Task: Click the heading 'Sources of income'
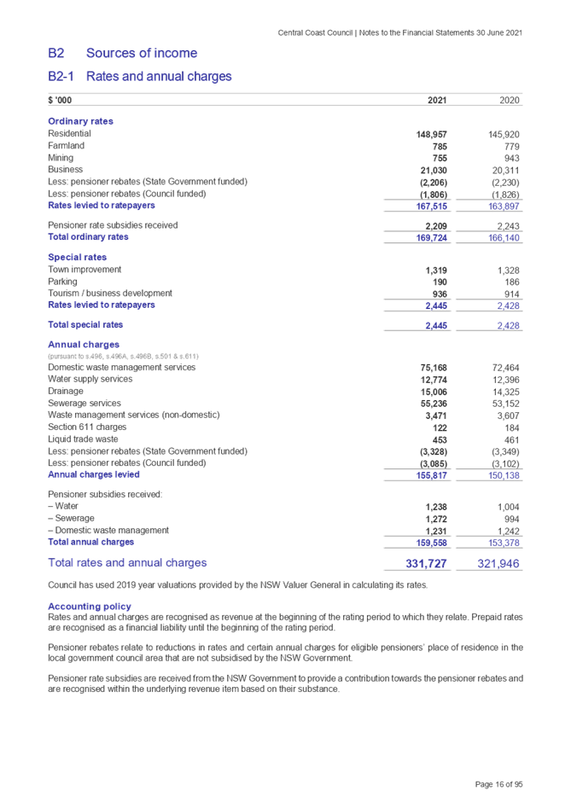pos(142,53)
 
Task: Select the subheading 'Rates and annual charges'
pos(159,77)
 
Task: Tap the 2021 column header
pos(436,101)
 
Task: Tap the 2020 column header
pos(510,101)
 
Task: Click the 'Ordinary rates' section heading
pos(80,121)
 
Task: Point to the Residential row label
pos(70,134)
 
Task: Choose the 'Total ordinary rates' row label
pos(89,237)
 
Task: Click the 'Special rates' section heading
pos(77,257)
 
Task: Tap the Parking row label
pos(62,281)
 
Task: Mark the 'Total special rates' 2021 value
pos(436,325)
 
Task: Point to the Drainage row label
pos(66,391)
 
